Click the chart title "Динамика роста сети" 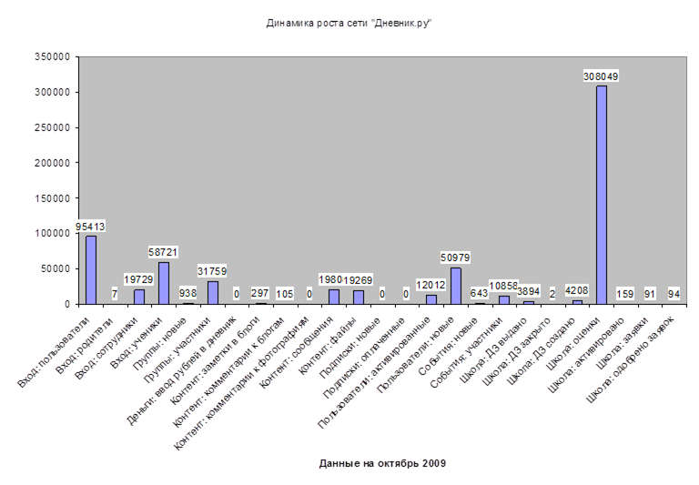coord(349,23)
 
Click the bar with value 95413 coord(91,269)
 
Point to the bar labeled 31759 coord(212,292)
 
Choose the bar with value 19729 coord(139,297)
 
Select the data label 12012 coord(431,285)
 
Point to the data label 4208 coord(577,292)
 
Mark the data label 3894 coord(529,292)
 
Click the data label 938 coord(188,293)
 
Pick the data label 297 coord(261,293)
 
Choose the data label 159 coord(625,293)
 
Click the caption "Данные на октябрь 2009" coord(382,463)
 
